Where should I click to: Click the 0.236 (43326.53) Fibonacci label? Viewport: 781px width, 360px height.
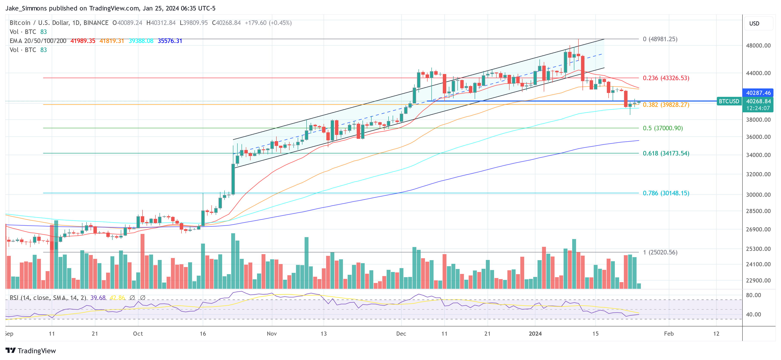(666, 78)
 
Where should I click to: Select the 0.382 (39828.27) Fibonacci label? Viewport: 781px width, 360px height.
(666, 105)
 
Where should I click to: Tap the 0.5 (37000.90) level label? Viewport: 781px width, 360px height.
(663, 128)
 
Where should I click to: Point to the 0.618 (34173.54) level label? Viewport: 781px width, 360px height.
(666, 153)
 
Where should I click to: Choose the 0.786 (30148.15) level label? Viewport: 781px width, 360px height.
(666, 193)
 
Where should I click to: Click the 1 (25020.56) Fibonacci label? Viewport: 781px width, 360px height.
(660, 252)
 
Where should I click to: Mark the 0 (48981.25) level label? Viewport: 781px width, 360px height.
(660, 39)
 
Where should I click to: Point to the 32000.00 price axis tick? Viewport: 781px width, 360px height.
(758, 174)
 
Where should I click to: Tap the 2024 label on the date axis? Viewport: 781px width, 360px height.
(535, 334)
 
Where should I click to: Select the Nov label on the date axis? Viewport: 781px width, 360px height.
(272, 334)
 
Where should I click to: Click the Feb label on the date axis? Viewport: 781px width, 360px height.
(669, 334)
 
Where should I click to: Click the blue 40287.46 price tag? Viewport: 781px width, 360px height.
(758, 93)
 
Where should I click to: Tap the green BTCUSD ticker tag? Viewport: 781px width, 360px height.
(729, 101)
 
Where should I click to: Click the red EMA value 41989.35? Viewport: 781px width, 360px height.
(83, 41)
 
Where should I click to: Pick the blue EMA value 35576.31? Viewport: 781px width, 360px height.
(170, 41)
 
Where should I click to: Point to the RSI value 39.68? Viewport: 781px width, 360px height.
(98, 298)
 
